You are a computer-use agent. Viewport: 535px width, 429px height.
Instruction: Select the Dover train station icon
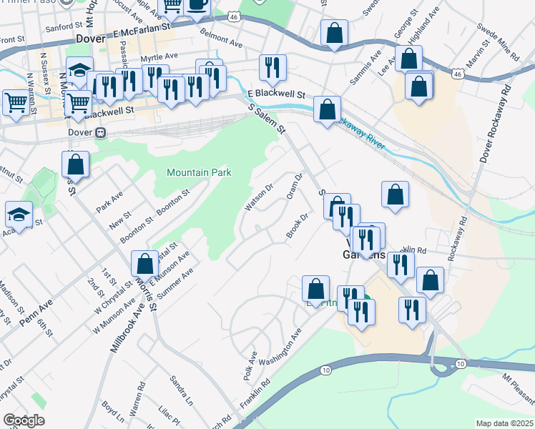(x=102, y=132)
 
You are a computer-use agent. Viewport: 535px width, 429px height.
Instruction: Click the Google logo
(x=24, y=420)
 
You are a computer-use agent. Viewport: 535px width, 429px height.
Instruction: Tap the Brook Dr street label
(x=297, y=227)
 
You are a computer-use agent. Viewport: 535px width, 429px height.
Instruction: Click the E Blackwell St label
(x=276, y=94)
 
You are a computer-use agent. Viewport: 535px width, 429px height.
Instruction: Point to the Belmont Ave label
(x=221, y=39)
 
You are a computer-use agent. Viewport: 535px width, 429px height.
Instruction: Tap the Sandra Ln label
(x=182, y=389)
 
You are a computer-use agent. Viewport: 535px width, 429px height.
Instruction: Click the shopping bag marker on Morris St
(x=144, y=264)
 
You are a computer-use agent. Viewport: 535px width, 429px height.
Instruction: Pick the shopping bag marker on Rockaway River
(x=327, y=110)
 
